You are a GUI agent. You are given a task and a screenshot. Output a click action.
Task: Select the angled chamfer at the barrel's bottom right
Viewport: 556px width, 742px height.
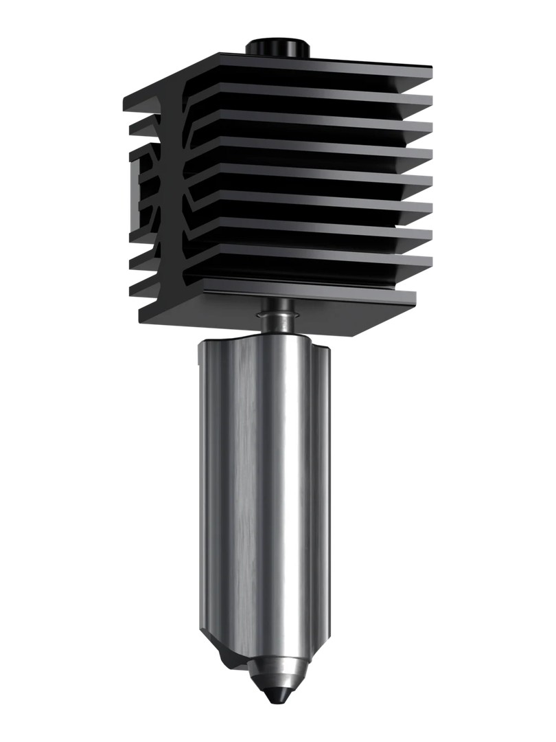pyautogui.click(x=319, y=636)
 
